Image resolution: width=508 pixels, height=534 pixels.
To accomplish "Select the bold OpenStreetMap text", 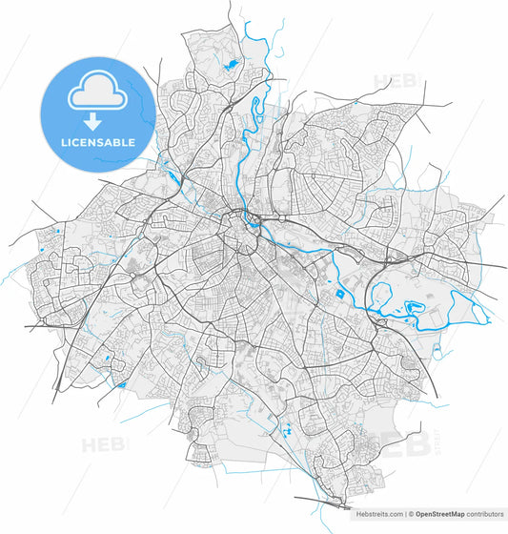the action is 440,513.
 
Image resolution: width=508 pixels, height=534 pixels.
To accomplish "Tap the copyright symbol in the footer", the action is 412,513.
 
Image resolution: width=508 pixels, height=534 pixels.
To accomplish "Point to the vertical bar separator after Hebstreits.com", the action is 404,513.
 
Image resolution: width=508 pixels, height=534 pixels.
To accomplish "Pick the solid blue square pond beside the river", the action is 339,295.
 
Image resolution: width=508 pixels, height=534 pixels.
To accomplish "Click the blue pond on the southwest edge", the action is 121,385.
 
